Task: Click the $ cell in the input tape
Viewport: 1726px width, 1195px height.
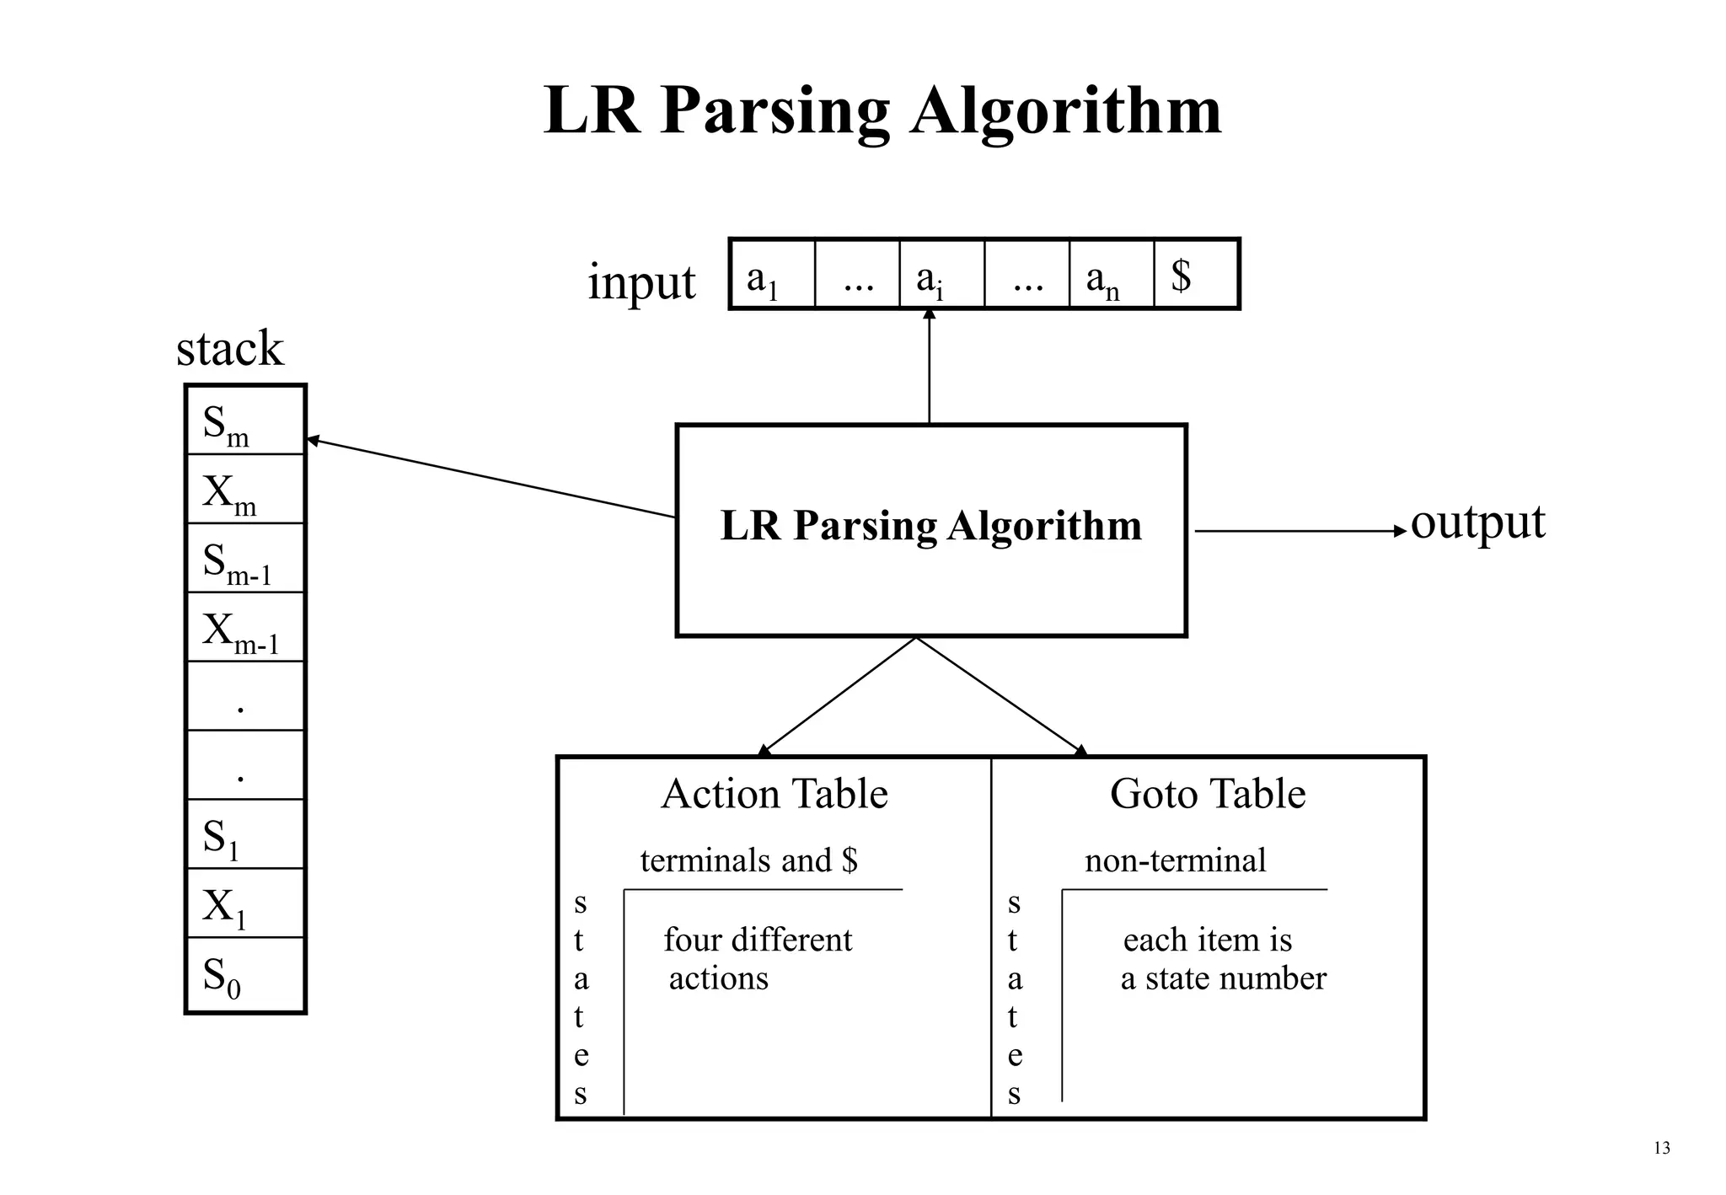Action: pyautogui.click(x=1195, y=275)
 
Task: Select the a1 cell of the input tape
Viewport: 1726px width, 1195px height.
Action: pyautogui.click(x=772, y=275)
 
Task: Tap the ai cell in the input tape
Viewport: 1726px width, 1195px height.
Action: pyautogui.click(x=941, y=275)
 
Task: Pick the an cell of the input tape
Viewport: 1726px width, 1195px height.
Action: pyautogui.click(x=1111, y=275)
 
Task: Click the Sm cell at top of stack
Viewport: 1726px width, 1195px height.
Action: pyautogui.click(x=244, y=421)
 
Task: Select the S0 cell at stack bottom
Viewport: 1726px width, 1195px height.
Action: pyautogui.click(x=244, y=975)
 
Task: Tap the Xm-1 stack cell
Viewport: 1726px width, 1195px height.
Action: pyautogui.click(x=244, y=628)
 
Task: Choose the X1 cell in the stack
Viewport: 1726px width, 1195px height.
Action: pyautogui.click(x=244, y=903)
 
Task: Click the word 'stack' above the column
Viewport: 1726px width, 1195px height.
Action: pyautogui.click(x=229, y=348)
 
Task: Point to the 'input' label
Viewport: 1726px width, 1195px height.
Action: pyautogui.click(x=641, y=281)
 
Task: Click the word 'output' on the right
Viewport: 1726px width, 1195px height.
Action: pyautogui.click(x=1477, y=522)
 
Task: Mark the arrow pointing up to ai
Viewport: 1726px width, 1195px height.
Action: pyautogui.click(x=930, y=366)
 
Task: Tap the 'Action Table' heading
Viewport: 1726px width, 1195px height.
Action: pyautogui.click(x=774, y=793)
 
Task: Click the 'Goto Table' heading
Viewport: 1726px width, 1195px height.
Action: pyautogui.click(x=1207, y=793)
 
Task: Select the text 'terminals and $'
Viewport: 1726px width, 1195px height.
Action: pyautogui.click(x=748, y=860)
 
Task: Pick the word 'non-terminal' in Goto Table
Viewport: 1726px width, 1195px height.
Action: pyautogui.click(x=1175, y=860)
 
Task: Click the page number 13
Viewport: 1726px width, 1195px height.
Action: pyautogui.click(x=1662, y=1148)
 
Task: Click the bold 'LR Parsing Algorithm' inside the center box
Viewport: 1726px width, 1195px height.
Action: pyautogui.click(x=930, y=525)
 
